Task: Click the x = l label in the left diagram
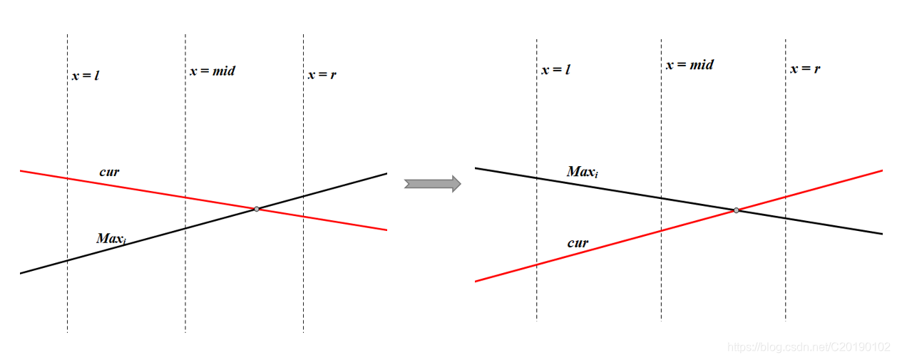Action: click(x=85, y=75)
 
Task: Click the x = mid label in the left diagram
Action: click(x=212, y=71)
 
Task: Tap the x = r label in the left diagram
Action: click(x=322, y=75)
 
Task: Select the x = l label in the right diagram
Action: click(x=556, y=69)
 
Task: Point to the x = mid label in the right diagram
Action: click(x=690, y=65)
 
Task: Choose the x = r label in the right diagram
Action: click(x=805, y=69)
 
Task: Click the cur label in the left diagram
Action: click(x=109, y=172)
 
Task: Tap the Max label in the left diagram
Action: click(x=111, y=238)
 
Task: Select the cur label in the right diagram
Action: click(x=578, y=243)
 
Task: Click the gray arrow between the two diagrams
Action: click(x=432, y=184)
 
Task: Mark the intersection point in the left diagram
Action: click(x=257, y=209)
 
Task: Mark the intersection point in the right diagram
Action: click(x=736, y=210)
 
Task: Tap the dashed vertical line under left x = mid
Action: click(x=185, y=285)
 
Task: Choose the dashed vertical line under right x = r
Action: click(x=786, y=285)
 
